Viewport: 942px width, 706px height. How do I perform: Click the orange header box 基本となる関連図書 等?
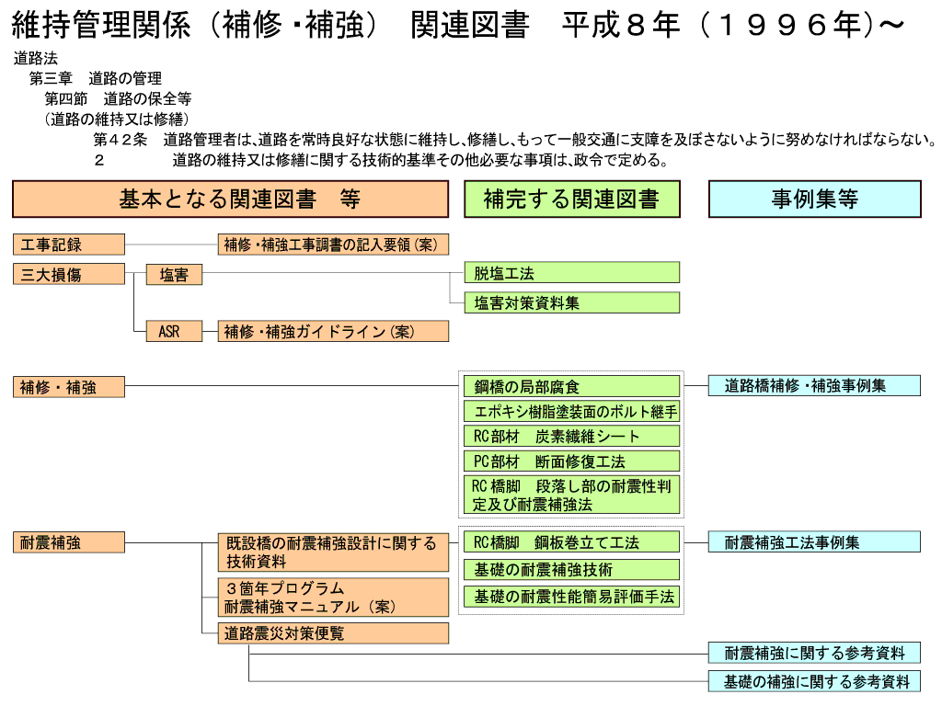click(x=230, y=199)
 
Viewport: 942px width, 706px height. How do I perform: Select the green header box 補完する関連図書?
click(x=571, y=199)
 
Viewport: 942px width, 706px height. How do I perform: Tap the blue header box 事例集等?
click(x=814, y=199)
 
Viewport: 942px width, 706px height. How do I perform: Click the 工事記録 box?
click(x=68, y=245)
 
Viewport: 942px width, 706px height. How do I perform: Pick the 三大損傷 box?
click(x=68, y=274)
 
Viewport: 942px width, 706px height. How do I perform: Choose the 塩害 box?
click(x=174, y=274)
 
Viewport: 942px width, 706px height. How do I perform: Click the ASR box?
click(x=174, y=331)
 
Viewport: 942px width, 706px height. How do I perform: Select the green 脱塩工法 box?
click(x=571, y=273)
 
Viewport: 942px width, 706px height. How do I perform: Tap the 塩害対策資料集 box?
click(x=571, y=302)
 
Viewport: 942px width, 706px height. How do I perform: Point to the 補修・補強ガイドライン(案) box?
click(x=333, y=331)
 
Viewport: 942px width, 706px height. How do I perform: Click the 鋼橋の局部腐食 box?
click(x=571, y=386)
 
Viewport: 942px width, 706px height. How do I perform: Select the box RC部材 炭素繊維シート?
click(x=571, y=436)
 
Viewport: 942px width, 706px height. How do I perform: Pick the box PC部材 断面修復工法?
click(x=571, y=461)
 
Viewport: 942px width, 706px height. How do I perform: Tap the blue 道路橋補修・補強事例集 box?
click(x=814, y=386)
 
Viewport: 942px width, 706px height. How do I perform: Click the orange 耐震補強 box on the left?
click(x=68, y=542)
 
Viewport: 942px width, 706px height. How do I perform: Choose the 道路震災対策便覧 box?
click(x=333, y=632)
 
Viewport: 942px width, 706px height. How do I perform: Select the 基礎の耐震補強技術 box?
click(x=571, y=570)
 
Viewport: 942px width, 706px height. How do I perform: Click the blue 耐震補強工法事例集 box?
click(x=814, y=542)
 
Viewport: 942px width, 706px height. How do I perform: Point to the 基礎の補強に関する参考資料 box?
click(x=814, y=681)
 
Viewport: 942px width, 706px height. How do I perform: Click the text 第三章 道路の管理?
click(x=96, y=79)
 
